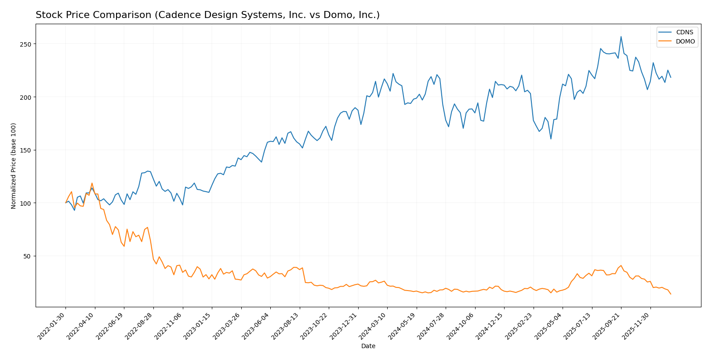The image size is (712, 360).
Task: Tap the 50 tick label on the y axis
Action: [28, 256]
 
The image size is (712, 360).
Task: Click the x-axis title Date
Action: [368, 346]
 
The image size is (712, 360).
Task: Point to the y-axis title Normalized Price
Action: [14, 166]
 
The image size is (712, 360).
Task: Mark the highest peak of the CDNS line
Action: [621, 36]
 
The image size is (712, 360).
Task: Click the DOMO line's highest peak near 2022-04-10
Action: [92, 183]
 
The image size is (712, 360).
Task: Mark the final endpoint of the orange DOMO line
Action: [671, 294]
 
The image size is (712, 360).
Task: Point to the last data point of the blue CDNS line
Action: [671, 77]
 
